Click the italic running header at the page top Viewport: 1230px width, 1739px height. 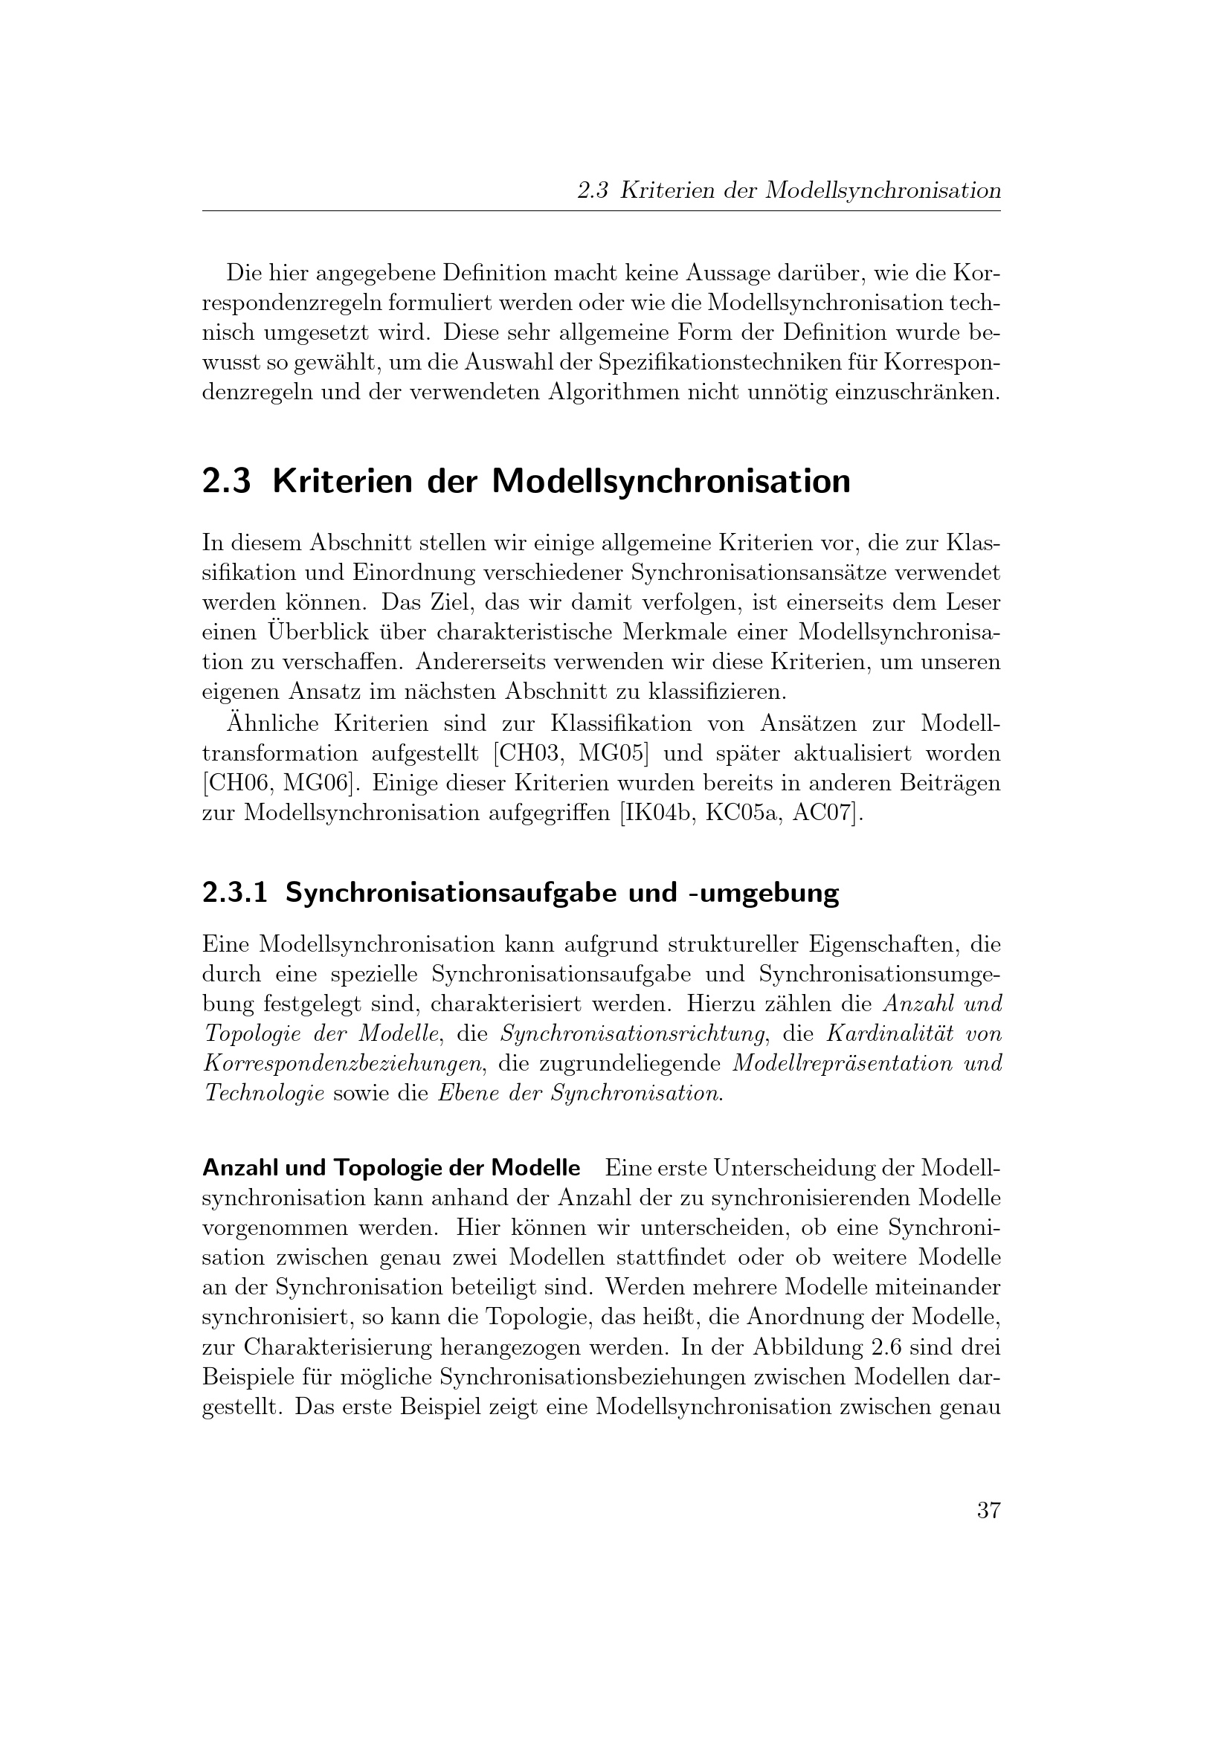[x=788, y=190]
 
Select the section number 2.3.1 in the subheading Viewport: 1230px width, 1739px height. [x=235, y=894]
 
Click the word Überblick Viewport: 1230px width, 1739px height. [x=330, y=632]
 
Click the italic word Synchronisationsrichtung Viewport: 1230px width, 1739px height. [x=632, y=1033]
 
